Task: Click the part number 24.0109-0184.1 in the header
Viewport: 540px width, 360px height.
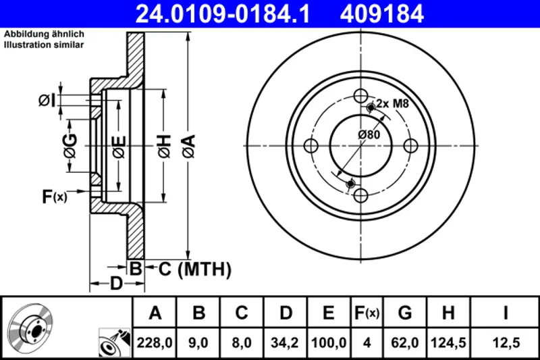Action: (x=223, y=14)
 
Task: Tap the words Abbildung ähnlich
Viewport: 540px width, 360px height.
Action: (x=44, y=34)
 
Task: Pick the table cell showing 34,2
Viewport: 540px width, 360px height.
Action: (x=286, y=342)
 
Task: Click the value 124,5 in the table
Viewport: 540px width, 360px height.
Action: (x=448, y=342)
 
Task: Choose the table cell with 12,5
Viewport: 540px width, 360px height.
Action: (x=506, y=342)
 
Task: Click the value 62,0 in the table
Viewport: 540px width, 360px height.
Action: (x=406, y=342)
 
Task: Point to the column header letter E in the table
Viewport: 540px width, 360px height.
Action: (x=328, y=313)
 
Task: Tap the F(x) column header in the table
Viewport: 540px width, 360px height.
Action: (x=367, y=313)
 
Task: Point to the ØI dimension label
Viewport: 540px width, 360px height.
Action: (x=47, y=101)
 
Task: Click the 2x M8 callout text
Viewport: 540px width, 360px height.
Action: (x=393, y=103)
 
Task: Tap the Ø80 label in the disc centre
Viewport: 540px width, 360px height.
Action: (x=369, y=134)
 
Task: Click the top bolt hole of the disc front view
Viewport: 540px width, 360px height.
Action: (x=361, y=96)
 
